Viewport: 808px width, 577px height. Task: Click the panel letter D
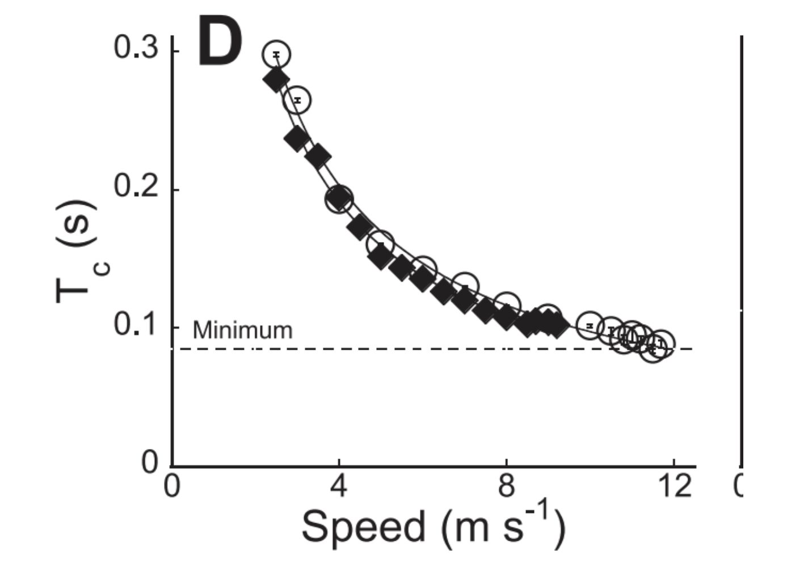click(x=220, y=41)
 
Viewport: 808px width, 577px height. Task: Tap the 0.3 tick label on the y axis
click(x=136, y=48)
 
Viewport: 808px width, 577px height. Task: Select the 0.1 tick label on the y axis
click(x=136, y=324)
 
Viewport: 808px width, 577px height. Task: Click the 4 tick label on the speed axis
click(x=339, y=486)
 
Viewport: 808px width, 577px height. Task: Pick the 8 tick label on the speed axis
click(x=506, y=486)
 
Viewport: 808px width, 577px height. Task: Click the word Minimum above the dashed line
click(x=242, y=330)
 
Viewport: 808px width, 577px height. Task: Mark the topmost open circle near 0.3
click(x=276, y=54)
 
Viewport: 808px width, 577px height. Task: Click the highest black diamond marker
click(x=276, y=80)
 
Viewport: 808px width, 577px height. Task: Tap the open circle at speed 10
click(x=590, y=325)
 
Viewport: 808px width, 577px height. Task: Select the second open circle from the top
click(x=297, y=100)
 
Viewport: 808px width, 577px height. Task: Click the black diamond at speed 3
click(x=297, y=139)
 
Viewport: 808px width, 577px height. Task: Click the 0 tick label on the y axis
click(x=150, y=463)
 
